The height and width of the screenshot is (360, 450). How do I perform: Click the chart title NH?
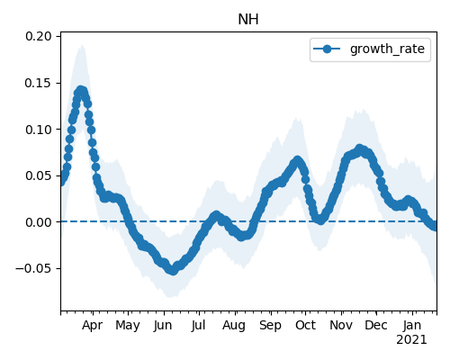(248, 20)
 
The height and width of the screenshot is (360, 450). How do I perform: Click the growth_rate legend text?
(387, 49)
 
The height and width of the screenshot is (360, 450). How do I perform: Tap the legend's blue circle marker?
(327, 49)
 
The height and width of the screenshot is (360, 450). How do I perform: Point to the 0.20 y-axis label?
(39, 36)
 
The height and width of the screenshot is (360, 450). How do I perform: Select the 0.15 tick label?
(38, 83)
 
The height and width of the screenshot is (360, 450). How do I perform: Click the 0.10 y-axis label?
(39, 130)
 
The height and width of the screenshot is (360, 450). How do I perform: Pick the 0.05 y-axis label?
(39, 175)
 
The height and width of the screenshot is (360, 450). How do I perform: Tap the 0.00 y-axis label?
(39, 222)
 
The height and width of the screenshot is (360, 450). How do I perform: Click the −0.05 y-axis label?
(33, 268)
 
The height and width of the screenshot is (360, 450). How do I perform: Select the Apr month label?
(93, 326)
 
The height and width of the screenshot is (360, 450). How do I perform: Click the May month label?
(128, 326)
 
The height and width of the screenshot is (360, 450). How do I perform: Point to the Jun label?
(163, 326)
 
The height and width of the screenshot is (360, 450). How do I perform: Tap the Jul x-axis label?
(198, 326)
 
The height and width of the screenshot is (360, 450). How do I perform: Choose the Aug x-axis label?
(234, 326)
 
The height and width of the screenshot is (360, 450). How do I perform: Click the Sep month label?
(270, 326)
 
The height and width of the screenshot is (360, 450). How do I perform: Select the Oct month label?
(305, 326)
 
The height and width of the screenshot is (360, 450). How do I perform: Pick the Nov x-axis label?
(341, 326)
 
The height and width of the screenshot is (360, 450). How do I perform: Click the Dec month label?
(376, 326)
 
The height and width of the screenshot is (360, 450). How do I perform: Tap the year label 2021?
(411, 340)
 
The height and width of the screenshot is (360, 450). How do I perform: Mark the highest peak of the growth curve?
(80, 90)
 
